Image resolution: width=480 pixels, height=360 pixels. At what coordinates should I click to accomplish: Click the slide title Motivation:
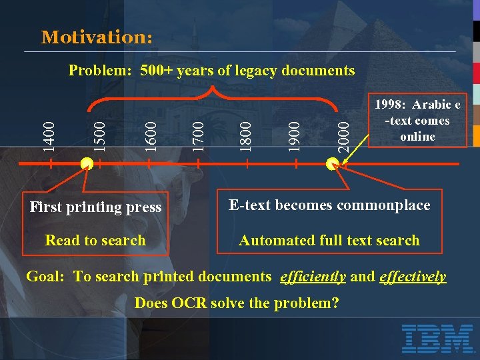tap(97, 37)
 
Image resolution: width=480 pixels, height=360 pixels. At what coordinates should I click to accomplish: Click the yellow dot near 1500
tap(86, 163)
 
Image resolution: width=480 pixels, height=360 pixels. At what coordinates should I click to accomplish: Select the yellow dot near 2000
tap(332, 163)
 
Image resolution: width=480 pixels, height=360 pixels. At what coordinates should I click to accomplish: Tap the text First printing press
tap(95, 207)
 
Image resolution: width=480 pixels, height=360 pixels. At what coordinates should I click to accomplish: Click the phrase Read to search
tap(95, 241)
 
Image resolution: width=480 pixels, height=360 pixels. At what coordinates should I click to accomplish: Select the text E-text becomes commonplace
tap(329, 205)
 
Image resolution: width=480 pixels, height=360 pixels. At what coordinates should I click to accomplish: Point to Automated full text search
tap(329, 241)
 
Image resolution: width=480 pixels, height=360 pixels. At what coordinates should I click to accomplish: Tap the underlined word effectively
tap(412, 277)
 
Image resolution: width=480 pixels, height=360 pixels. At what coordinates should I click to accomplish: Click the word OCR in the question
tap(192, 303)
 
